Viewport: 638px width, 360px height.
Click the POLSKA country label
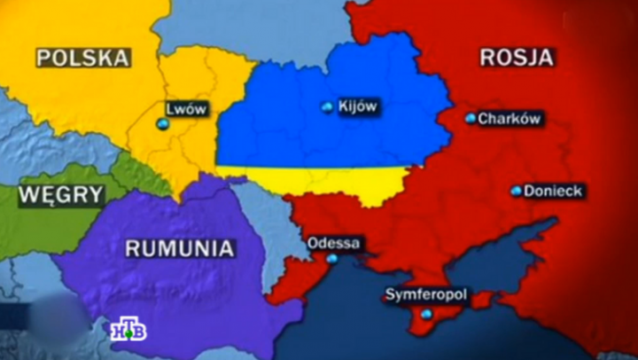[x=82, y=59]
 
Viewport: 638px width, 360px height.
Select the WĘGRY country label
[x=60, y=193]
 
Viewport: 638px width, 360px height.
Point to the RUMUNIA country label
[x=179, y=248]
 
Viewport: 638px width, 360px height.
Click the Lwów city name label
[x=186, y=109]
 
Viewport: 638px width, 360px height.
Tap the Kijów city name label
[x=358, y=106]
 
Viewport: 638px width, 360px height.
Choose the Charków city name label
[x=510, y=118]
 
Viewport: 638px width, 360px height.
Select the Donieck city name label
[x=552, y=191]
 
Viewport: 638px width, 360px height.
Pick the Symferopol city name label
[x=427, y=294]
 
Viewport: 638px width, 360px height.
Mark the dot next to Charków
[x=471, y=118]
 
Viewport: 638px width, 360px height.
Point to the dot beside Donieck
[x=516, y=191]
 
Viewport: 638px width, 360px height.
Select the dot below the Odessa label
[x=332, y=259]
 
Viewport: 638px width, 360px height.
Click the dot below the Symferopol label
[x=427, y=314]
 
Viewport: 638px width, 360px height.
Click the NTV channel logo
[x=128, y=331]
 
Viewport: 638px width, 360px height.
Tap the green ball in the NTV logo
[x=128, y=334]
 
